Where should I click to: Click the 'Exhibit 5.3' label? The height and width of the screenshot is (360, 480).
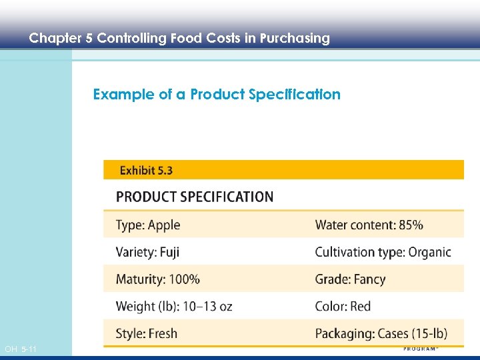pyautogui.click(x=146, y=171)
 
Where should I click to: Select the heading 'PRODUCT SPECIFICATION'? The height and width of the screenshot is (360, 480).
pyautogui.click(x=195, y=197)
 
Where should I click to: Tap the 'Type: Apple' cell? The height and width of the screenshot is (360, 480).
pyautogui.click(x=148, y=225)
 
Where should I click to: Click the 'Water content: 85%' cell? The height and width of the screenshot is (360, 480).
pyautogui.click(x=369, y=225)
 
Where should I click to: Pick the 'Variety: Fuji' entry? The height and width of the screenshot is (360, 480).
pyautogui.click(x=147, y=252)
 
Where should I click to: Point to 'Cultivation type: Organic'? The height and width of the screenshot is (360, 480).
pyautogui.click(x=383, y=252)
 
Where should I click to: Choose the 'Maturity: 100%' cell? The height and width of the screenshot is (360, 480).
pyautogui.click(x=157, y=279)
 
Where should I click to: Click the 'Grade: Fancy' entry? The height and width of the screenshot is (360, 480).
pyautogui.click(x=350, y=279)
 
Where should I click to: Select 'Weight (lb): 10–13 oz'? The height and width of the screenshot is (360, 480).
pyautogui.click(x=174, y=307)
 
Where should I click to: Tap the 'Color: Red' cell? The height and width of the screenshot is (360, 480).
pyautogui.click(x=343, y=307)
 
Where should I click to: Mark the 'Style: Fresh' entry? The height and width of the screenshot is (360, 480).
pyautogui.click(x=147, y=333)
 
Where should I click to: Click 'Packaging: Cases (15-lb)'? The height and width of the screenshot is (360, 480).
pyautogui.click(x=381, y=333)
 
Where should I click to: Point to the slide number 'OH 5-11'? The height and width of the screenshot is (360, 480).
pyautogui.click(x=21, y=349)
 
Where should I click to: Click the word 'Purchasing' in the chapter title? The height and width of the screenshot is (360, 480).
pyautogui.click(x=295, y=38)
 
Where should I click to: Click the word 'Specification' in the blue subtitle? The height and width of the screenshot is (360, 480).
pyautogui.click(x=294, y=95)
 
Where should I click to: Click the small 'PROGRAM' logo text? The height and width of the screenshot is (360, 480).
pyautogui.click(x=419, y=349)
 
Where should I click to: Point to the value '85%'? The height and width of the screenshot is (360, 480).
pyautogui.click(x=411, y=225)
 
